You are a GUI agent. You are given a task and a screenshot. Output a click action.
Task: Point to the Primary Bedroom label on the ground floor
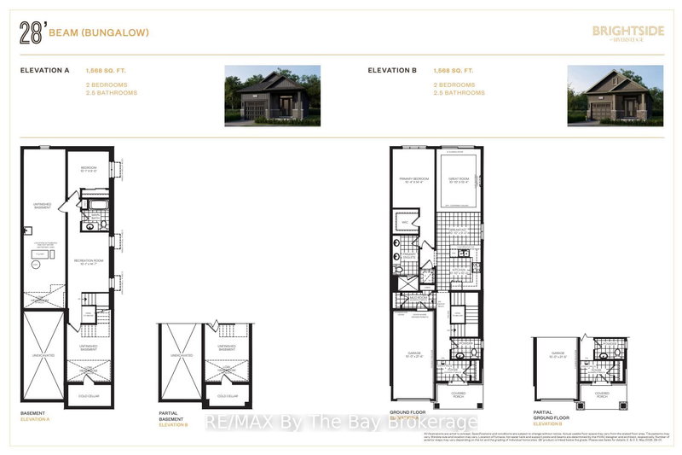click(413, 180)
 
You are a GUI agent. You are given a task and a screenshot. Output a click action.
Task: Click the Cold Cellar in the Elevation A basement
click(89, 395)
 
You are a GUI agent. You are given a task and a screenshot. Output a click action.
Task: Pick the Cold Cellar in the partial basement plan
click(228, 395)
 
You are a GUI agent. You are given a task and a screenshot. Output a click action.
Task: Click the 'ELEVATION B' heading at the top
click(391, 72)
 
